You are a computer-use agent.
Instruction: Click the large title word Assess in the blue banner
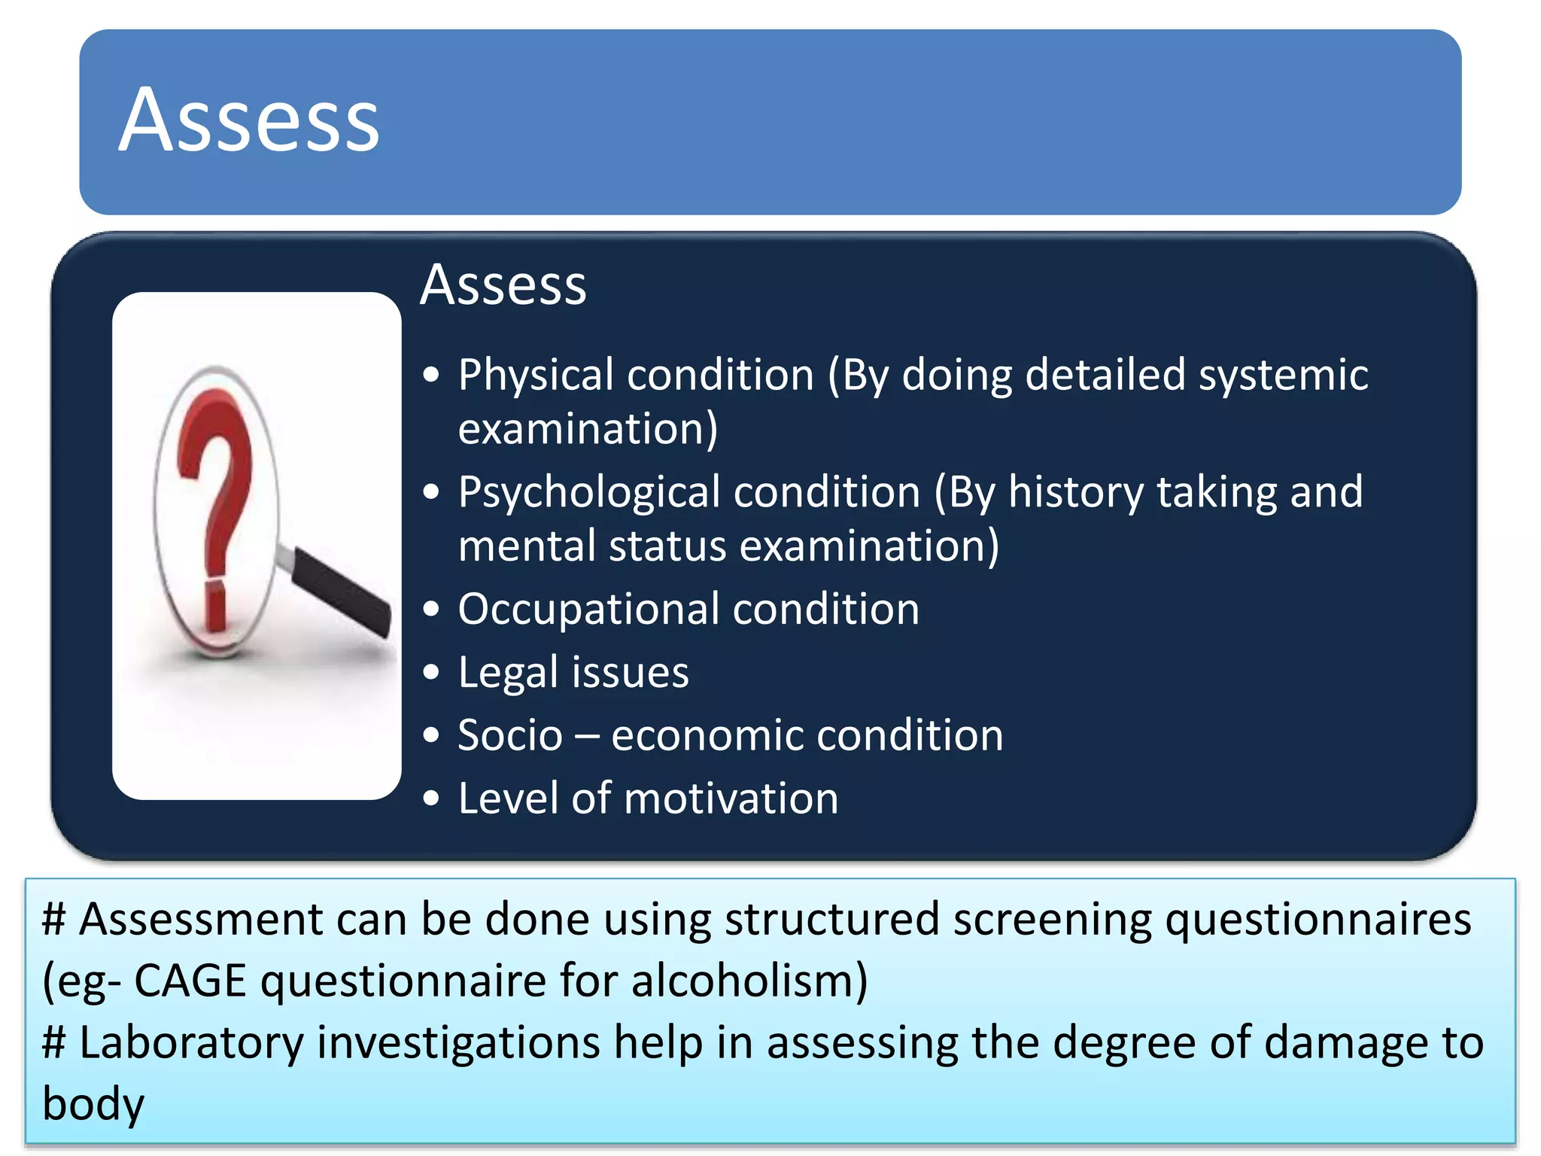pos(249,120)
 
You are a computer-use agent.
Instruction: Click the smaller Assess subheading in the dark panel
pos(503,285)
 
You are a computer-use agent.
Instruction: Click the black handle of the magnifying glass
pos(342,591)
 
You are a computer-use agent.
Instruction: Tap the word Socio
pos(510,735)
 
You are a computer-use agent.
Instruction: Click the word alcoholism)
pos(749,981)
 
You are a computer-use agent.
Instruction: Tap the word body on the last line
pos(93,1105)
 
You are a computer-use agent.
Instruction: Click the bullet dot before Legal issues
pos(430,672)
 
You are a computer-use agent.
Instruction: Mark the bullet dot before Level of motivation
pos(430,799)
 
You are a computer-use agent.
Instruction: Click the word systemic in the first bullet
pos(1283,376)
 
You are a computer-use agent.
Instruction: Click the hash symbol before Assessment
pos(55,920)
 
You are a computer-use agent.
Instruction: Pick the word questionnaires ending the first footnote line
pos(1318,920)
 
